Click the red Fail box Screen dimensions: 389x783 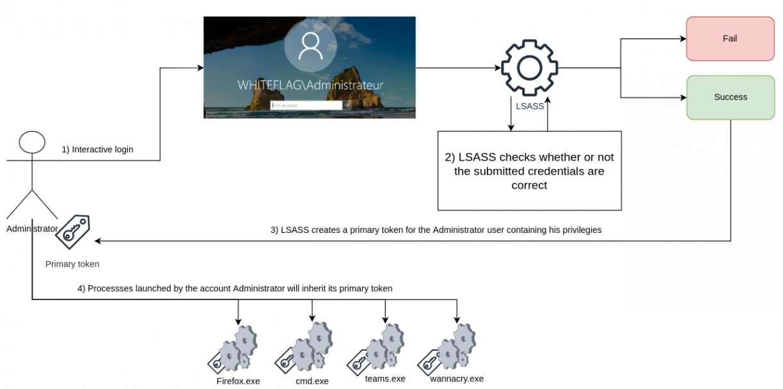point(730,38)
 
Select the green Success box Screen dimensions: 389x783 point(730,97)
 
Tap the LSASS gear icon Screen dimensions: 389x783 point(529,68)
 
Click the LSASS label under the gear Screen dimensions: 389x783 point(530,106)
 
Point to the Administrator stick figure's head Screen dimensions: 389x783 point(32,142)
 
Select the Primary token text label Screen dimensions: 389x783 point(72,264)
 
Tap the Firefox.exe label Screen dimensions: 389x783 point(239,381)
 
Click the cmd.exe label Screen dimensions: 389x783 point(312,381)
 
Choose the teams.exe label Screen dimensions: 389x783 point(385,378)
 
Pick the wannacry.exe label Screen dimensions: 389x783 point(457,378)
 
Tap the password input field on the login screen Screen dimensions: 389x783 point(306,105)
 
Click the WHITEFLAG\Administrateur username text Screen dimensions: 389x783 point(310,85)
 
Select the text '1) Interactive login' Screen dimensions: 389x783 point(97,149)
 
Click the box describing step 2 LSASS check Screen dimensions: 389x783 point(529,171)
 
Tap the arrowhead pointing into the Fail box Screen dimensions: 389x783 point(683,38)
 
